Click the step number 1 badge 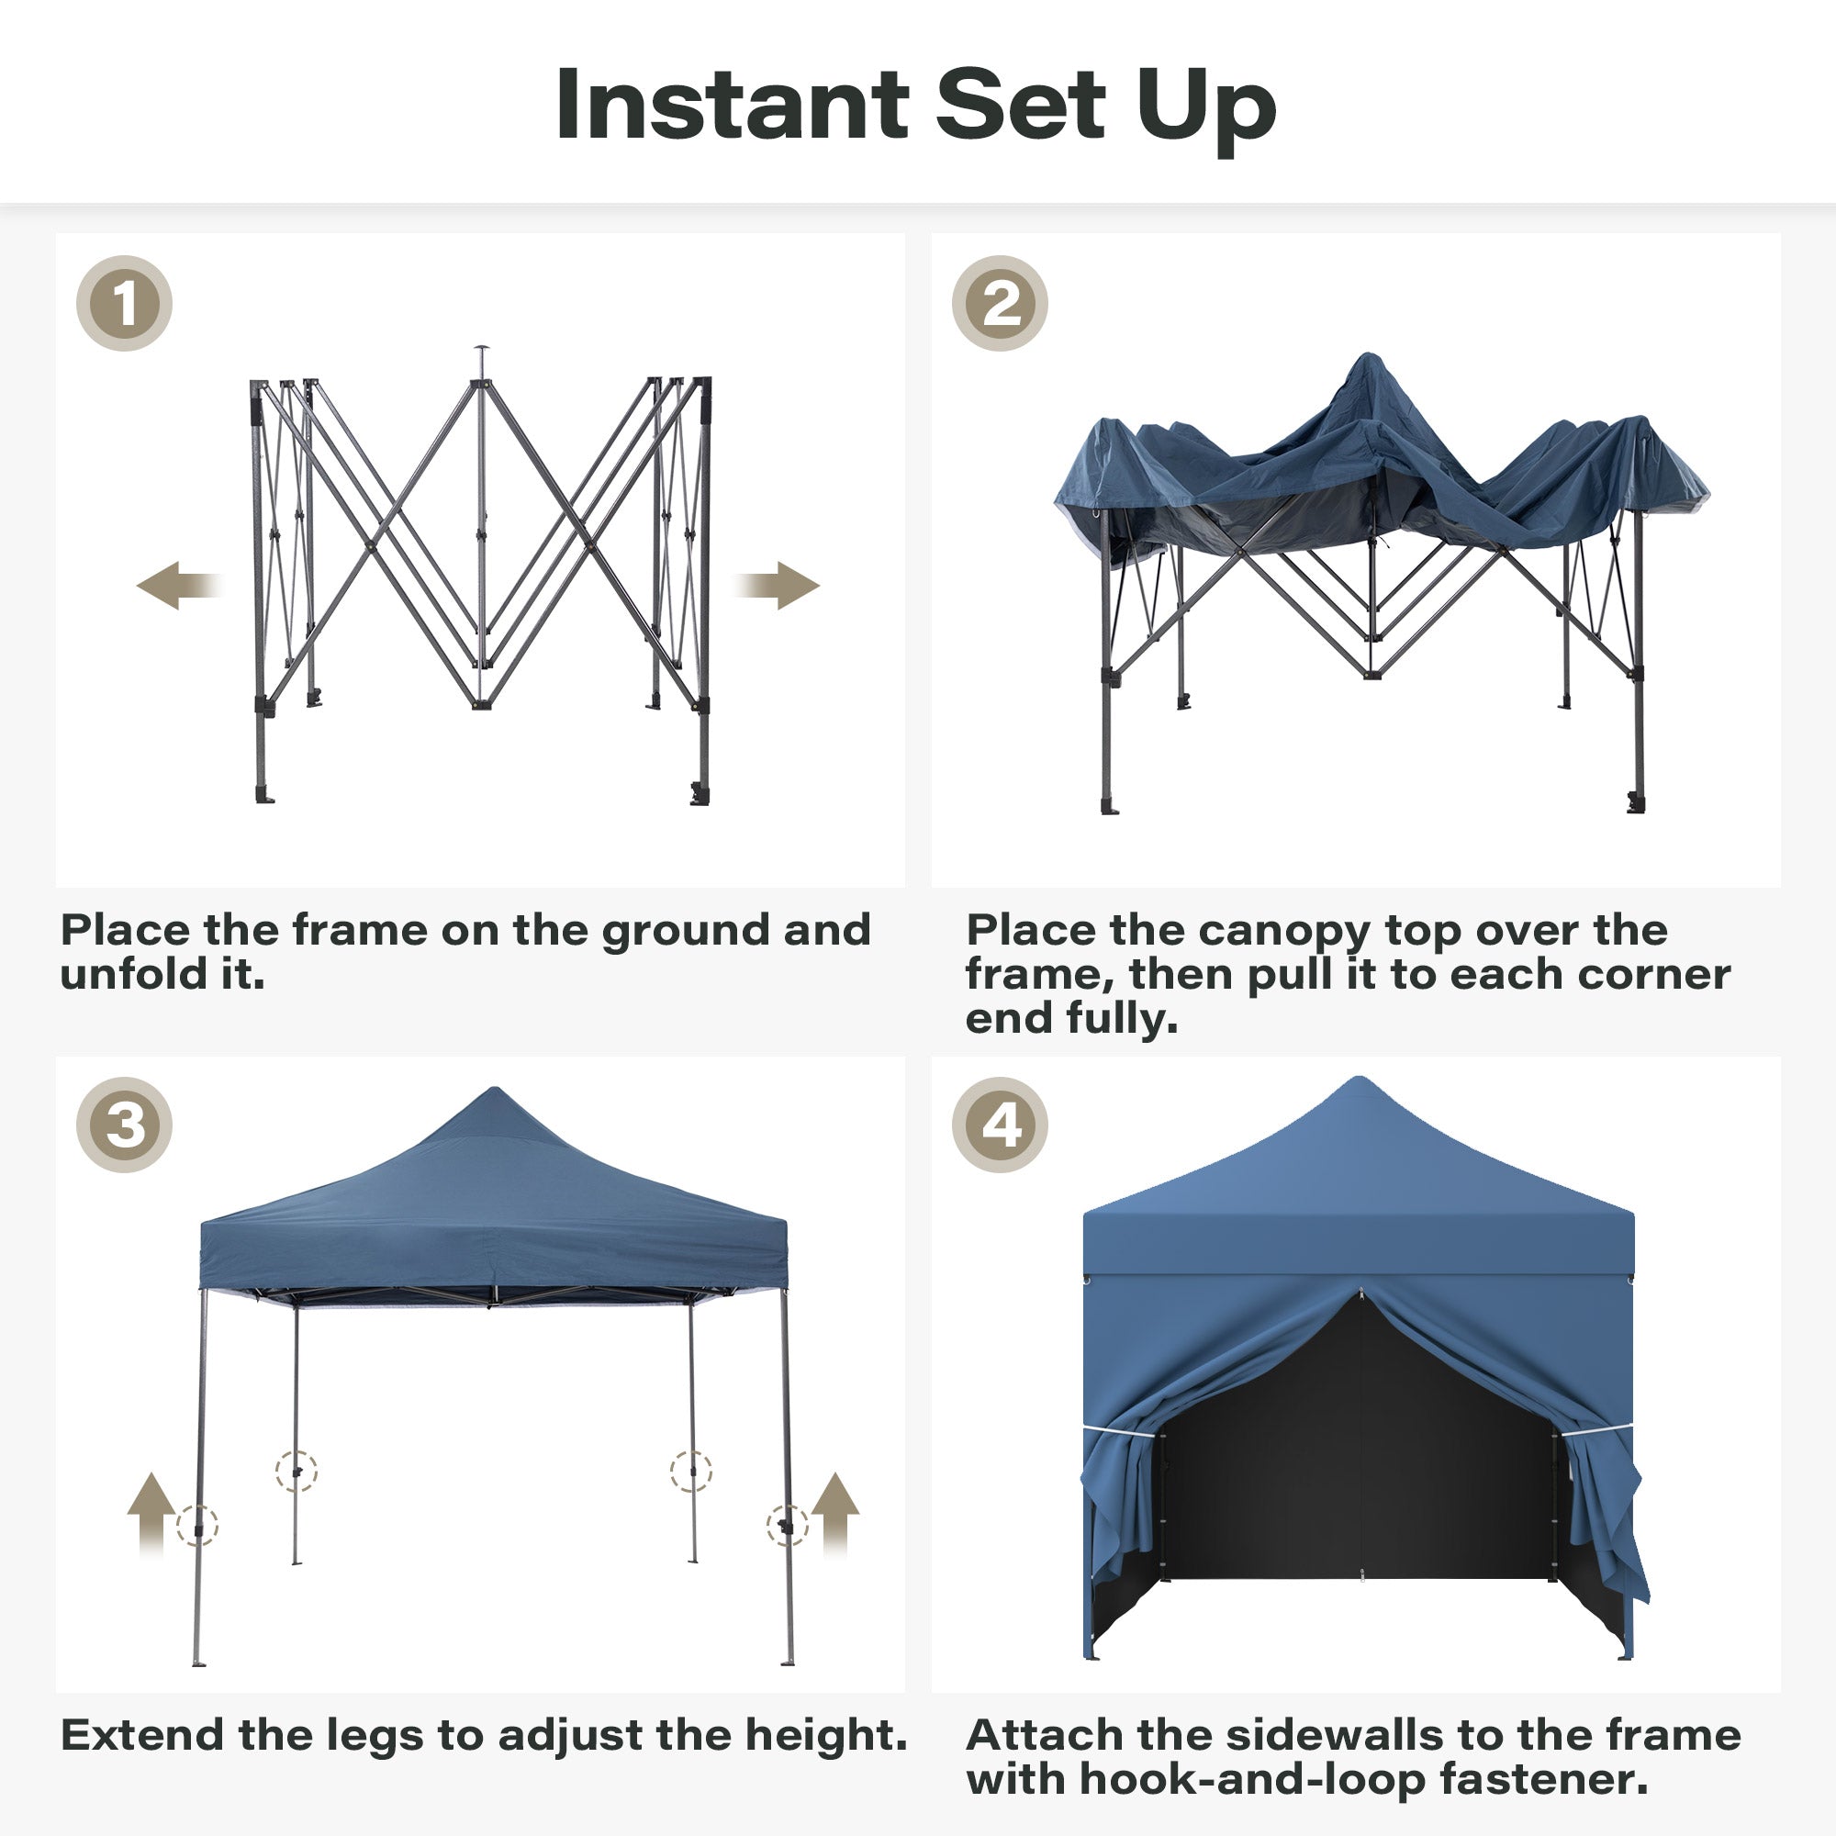pyautogui.click(x=125, y=303)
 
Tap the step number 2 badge pyautogui.click(x=1000, y=303)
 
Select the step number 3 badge pyautogui.click(x=125, y=1125)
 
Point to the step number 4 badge pyautogui.click(x=1000, y=1125)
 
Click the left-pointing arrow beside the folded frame pyautogui.click(x=180, y=585)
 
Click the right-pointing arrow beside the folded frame pyautogui.click(x=777, y=585)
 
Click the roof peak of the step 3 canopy pyautogui.click(x=493, y=1089)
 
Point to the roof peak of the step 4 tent pyautogui.click(x=1359, y=1079)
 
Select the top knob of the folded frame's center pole pyautogui.click(x=482, y=348)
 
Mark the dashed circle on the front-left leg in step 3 pyautogui.click(x=197, y=1525)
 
